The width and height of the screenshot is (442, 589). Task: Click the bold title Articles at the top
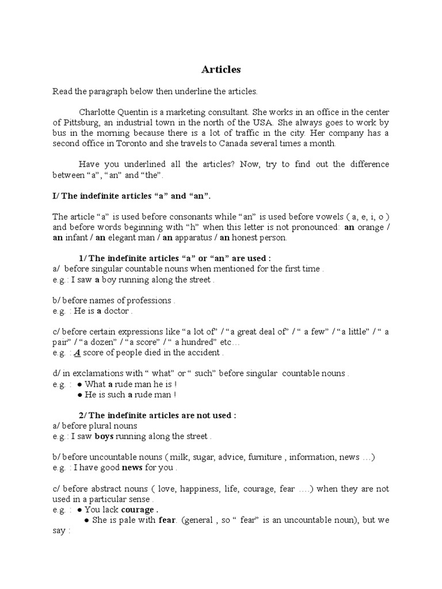coord(221,70)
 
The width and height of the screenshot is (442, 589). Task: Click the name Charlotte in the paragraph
coord(97,112)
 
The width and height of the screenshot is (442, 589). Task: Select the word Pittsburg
coord(81,123)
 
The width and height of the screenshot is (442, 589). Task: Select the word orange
coord(369,227)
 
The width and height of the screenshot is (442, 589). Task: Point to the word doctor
coord(117,311)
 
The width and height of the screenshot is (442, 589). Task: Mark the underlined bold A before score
coord(77,353)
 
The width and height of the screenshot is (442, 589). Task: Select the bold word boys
coord(104,437)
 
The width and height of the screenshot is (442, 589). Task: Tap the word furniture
coord(265,457)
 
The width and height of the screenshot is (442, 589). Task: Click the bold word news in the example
coord(132,468)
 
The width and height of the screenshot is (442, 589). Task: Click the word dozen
coord(77,342)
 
